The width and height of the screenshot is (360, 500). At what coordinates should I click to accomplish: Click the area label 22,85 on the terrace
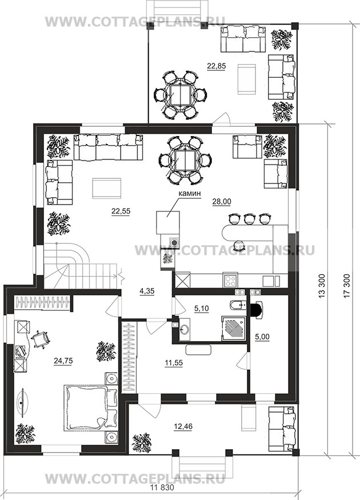pyautogui.click(x=216, y=66)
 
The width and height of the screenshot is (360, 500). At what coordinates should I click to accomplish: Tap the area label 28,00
pyautogui.click(x=222, y=202)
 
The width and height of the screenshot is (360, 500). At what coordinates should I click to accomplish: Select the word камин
pyautogui.click(x=189, y=193)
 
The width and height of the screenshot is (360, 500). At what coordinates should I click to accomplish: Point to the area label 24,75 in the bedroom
pyautogui.click(x=63, y=361)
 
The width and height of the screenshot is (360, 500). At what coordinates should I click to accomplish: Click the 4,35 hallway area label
pyautogui.click(x=147, y=291)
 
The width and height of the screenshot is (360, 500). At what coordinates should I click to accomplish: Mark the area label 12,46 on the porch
pyautogui.click(x=183, y=426)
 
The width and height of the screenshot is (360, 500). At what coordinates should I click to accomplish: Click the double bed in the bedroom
pyautogui.click(x=91, y=409)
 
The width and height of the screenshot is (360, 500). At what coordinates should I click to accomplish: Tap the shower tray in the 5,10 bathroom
pyautogui.click(x=234, y=329)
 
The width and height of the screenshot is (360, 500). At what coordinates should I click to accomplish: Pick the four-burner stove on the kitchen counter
pyautogui.click(x=230, y=281)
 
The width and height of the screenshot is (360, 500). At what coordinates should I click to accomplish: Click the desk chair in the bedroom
pyautogui.click(x=41, y=339)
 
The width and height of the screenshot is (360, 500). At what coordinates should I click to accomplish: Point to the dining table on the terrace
pyautogui.click(x=180, y=94)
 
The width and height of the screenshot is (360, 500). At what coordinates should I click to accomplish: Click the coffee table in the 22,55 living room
pyautogui.click(x=106, y=189)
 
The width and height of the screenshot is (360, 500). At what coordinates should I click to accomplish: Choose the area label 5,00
pyautogui.click(x=262, y=337)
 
